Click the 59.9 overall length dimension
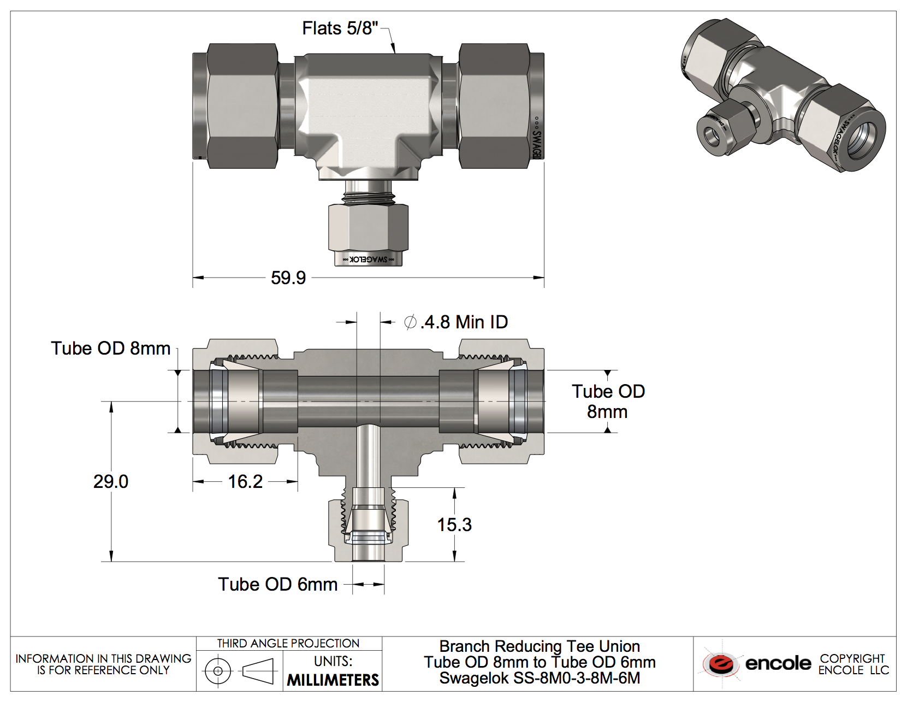click(x=288, y=278)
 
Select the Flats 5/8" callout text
click(x=340, y=28)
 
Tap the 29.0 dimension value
click(x=111, y=481)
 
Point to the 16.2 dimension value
click(x=245, y=481)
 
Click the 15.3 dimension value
click(x=454, y=525)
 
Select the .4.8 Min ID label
click(x=457, y=322)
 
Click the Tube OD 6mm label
click(x=278, y=584)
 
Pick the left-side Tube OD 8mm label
click(x=111, y=348)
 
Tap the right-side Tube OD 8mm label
click(x=608, y=401)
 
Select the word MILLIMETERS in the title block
click(x=333, y=680)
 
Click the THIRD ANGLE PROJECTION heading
click(x=288, y=643)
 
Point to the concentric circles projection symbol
click(x=218, y=670)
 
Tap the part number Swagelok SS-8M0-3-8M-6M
click(x=540, y=678)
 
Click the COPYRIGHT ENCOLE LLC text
click(x=853, y=664)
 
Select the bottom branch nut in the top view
click(x=368, y=227)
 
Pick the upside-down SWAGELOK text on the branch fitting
click(x=368, y=259)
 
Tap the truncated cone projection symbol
click(x=258, y=670)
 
